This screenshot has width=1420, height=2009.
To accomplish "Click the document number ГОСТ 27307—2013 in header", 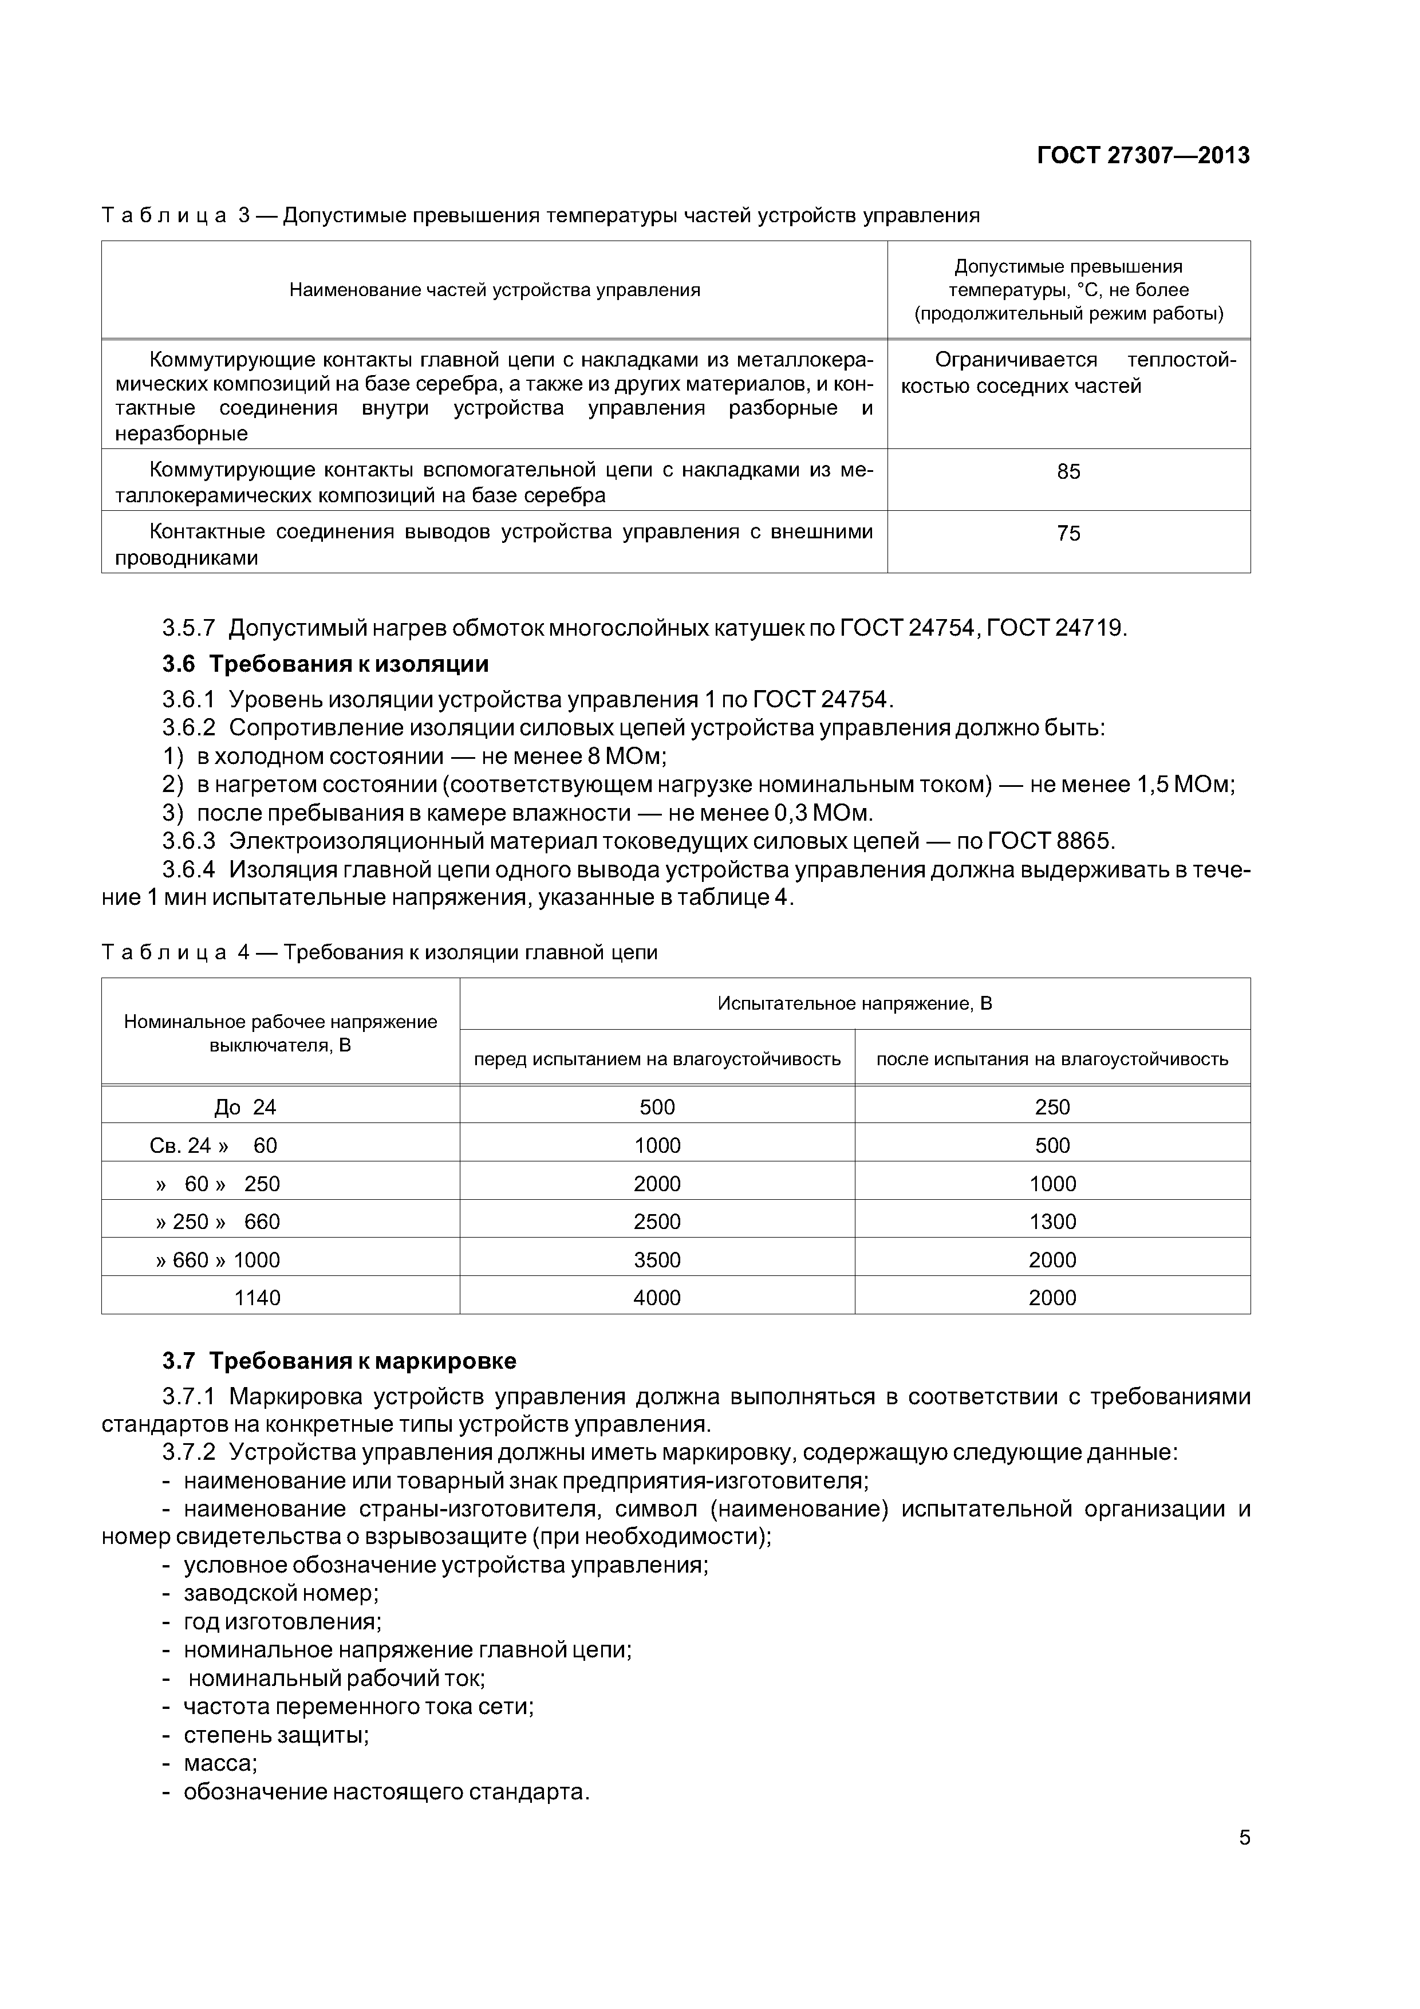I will click(1143, 156).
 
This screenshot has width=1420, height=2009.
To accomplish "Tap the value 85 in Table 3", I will click(1068, 472).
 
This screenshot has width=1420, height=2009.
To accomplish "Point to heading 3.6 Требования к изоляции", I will click(325, 664).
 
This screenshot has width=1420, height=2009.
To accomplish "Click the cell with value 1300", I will click(1052, 1222).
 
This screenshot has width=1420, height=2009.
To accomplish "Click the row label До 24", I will click(245, 1108).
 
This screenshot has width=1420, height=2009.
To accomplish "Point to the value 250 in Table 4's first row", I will click(1052, 1108).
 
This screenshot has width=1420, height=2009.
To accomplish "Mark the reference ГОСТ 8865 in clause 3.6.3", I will click(1050, 841).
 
